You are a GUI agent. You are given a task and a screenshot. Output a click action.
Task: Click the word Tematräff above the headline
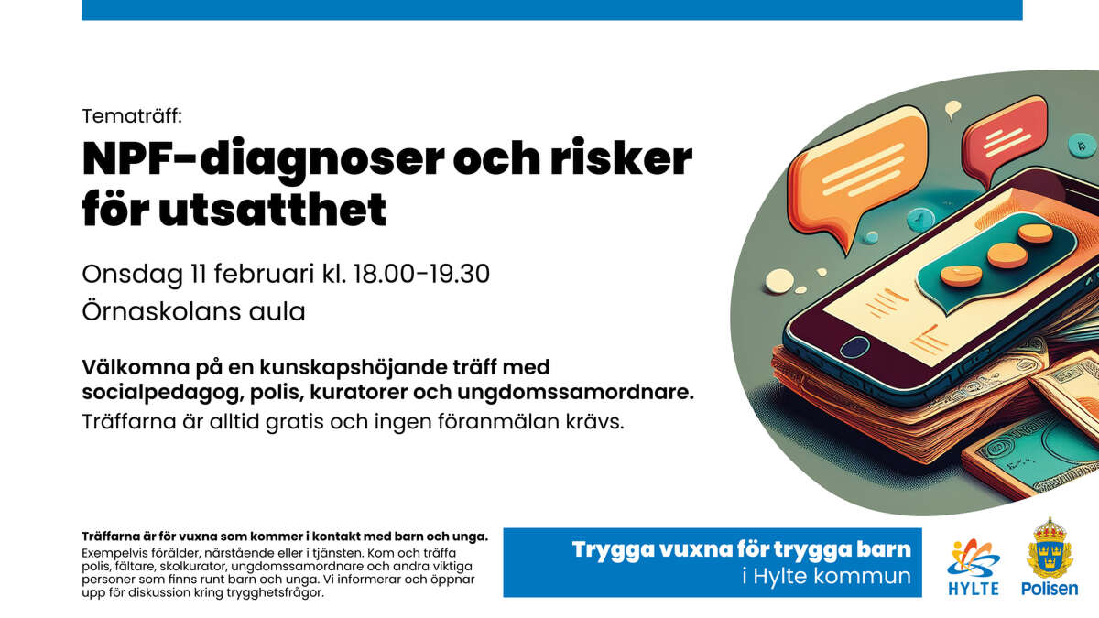tap(132, 117)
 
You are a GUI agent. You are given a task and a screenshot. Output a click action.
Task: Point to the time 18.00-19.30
tap(418, 273)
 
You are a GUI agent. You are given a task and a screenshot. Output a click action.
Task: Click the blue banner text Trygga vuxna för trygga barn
tap(742, 550)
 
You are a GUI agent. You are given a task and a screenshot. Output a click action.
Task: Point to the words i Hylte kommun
tap(825, 577)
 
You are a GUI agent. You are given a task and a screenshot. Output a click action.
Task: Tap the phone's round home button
tap(855, 347)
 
